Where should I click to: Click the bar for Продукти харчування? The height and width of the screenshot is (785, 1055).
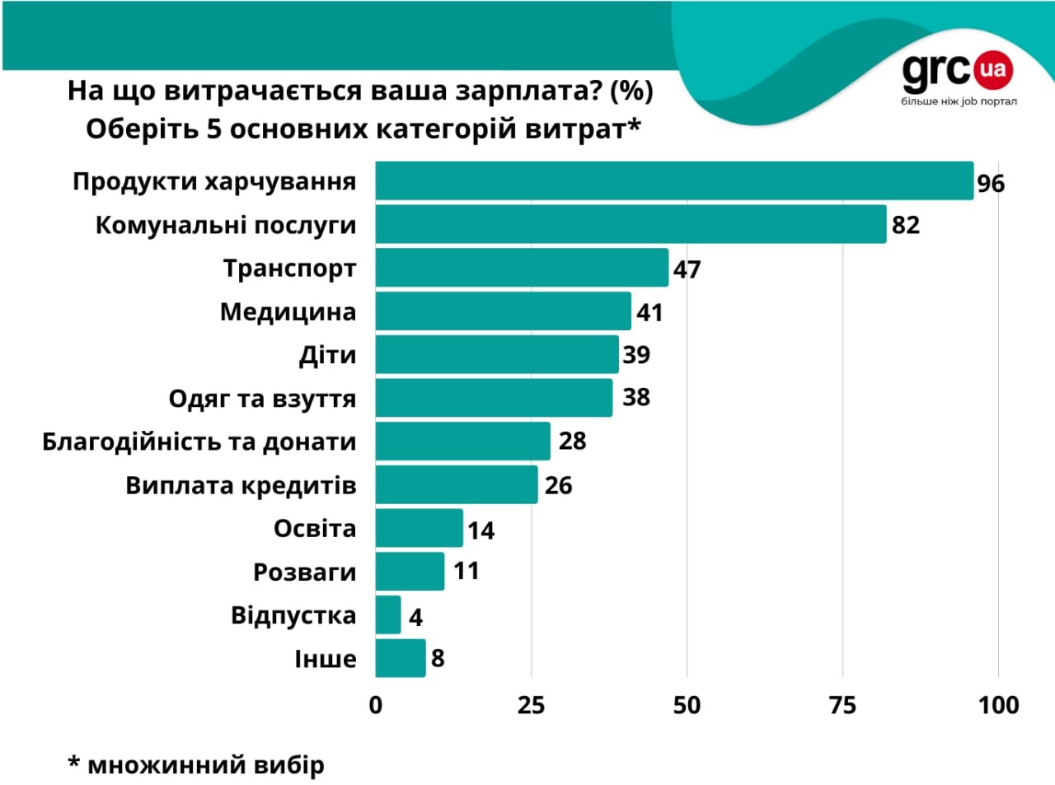[674, 181]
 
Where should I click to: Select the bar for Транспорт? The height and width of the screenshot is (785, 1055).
[522, 268]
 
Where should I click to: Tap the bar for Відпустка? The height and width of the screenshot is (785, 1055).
[388, 615]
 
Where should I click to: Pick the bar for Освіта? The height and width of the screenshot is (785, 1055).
[419, 528]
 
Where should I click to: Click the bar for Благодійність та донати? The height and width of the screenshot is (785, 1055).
[462, 442]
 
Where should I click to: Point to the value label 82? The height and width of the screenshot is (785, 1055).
[905, 225]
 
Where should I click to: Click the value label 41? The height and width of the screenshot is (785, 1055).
[649, 312]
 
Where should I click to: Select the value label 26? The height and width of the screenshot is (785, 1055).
[558, 485]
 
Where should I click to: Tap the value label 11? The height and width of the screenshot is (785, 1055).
[466, 571]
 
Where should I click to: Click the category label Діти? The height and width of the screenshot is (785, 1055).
[327, 355]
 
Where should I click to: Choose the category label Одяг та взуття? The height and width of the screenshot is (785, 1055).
[262, 399]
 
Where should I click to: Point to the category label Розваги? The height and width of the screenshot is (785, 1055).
[304, 572]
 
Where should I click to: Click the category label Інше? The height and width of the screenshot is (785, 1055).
[326, 659]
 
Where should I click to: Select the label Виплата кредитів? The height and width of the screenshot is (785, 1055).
[241, 485]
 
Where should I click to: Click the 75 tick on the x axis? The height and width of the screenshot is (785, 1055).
[842, 705]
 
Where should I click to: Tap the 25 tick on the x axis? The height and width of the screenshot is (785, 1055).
[531, 705]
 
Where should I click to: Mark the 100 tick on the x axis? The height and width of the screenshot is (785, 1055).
[998, 705]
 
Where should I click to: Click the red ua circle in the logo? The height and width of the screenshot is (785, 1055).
[993, 70]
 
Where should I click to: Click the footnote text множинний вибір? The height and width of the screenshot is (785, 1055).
[205, 765]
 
